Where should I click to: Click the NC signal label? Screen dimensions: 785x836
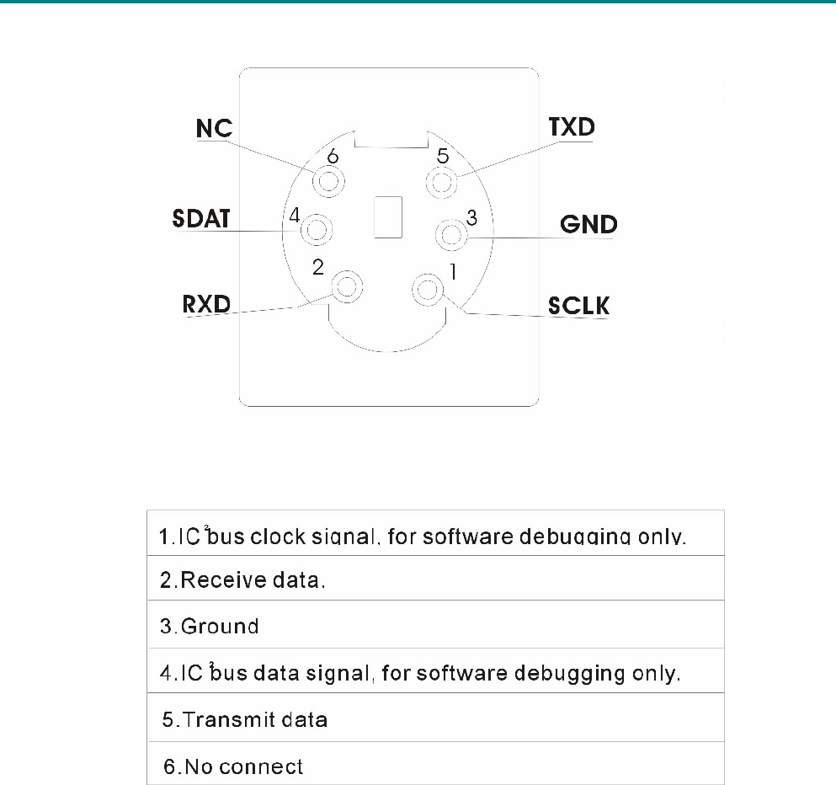click(x=214, y=129)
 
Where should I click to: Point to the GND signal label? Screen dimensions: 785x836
click(x=588, y=225)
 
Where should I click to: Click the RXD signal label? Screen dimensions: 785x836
click(x=206, y=303)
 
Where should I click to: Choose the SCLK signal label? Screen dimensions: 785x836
click(x=578, y=304)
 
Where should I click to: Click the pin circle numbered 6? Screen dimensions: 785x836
click(x=327, y=181)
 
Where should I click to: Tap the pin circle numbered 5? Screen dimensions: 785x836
click(x=443, y=181)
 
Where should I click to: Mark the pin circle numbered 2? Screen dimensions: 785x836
click(x=347, y=288)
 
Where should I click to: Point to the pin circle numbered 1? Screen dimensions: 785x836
click(x=427, y=291)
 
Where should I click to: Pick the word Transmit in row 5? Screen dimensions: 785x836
click(x=223, y=720)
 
